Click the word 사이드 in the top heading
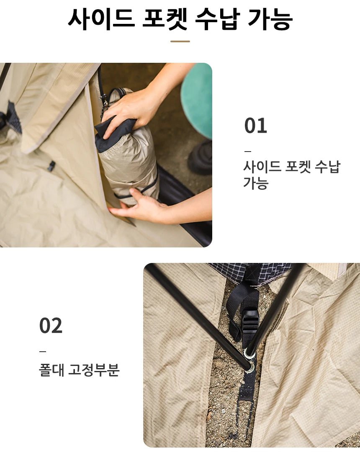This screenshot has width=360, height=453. (101, 19)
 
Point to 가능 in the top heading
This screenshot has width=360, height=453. (270, 19)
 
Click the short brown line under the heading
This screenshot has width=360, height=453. (180, 41)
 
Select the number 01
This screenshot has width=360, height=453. (256, 126)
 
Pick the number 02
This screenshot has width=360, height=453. (51, 326)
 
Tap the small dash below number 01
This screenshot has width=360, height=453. (247, 151)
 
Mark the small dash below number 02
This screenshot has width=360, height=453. (43, 351)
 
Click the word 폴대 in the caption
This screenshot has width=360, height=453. (51, 370)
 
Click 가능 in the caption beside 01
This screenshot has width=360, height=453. (256, 183)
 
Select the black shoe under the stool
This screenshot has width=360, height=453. (201, 158)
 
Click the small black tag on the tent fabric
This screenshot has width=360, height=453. (51, 166)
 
